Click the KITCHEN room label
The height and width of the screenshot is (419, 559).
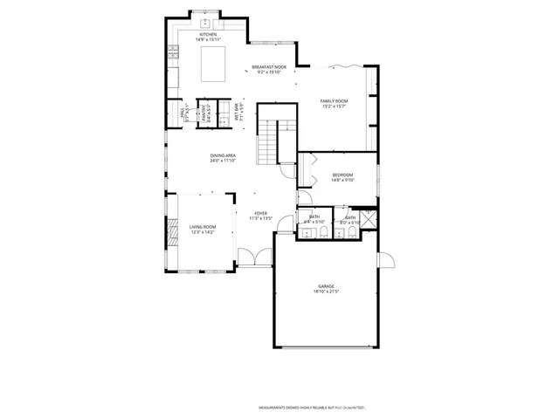(207, 35)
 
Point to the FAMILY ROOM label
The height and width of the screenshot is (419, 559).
(334, 101)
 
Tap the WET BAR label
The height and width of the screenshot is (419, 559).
(236, 113)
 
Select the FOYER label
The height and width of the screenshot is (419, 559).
(260, 213)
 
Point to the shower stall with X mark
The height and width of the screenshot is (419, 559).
(369, 218)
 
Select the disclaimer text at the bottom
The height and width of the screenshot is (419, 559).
(311, 408)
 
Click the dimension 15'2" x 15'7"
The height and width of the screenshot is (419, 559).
(334, 107)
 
